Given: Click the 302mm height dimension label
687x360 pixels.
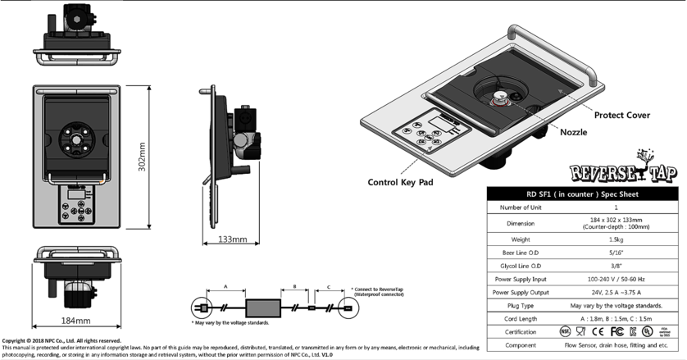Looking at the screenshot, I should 142,157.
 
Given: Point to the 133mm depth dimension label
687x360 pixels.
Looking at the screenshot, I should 234,239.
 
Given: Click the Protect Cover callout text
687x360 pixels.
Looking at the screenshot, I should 621,116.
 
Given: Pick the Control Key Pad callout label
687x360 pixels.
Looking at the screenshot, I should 400,181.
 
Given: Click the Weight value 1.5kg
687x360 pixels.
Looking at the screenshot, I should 616,238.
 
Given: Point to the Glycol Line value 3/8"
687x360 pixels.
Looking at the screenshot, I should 616,265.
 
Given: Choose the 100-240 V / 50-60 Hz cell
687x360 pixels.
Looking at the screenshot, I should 616,278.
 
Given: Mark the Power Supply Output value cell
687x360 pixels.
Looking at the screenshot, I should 616,291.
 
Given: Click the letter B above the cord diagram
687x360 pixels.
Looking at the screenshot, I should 293,288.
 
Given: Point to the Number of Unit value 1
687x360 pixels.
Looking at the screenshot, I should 616,207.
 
